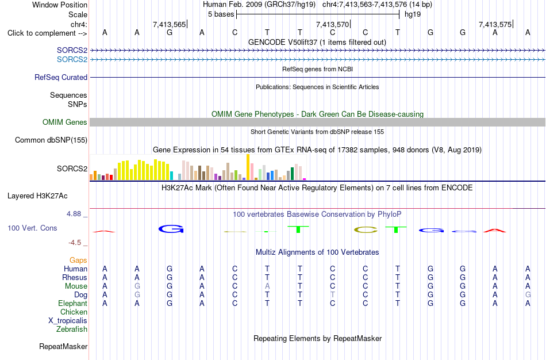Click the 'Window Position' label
coord(60,5)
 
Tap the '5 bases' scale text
coord(221,14)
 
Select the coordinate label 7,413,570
coord(332,24)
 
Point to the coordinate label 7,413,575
coord(495,24)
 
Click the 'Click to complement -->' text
coord(47,33)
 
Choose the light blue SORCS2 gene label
coord(72,60)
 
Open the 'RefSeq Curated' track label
coord(61,78)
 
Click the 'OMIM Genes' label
coord(65,122)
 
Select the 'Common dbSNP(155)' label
coord(51,140)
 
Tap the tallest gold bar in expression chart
coord(248,167)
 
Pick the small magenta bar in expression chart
coord(305,179)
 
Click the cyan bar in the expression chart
coord(171,175)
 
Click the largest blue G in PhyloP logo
coord(171,229)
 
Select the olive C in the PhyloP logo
coord(366,229)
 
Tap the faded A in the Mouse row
coord(267,286)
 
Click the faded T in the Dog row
coord(333,295)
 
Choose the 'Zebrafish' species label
coord(72,330)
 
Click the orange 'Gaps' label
coord(78,261)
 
